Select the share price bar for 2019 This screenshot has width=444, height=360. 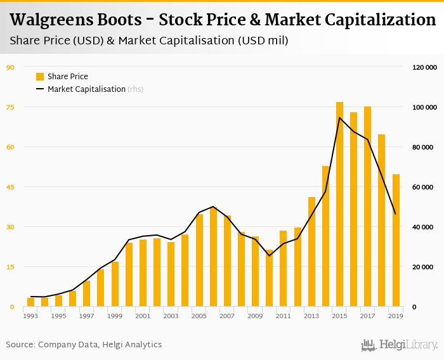click(x=396, y=240)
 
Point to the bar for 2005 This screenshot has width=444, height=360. click(x=199, y=260)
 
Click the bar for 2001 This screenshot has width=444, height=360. click(x=143, y=273)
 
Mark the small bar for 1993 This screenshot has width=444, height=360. click(x=30, y=302)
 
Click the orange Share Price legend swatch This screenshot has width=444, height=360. click(x=40, y=77)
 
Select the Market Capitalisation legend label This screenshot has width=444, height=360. click(x=86, y=89)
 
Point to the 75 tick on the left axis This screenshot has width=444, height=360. click(x=10, y=107)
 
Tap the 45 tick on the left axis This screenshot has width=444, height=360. click(x=10, y=187)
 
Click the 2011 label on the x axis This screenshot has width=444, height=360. click(x=283, y=316)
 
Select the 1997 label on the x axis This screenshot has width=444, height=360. click(x=86, y=316)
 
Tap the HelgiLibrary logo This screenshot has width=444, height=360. click(x=400, y=345)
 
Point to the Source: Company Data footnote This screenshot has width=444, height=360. click(x=84, y=345)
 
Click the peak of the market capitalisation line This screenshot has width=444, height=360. click(x=339, y=117)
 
